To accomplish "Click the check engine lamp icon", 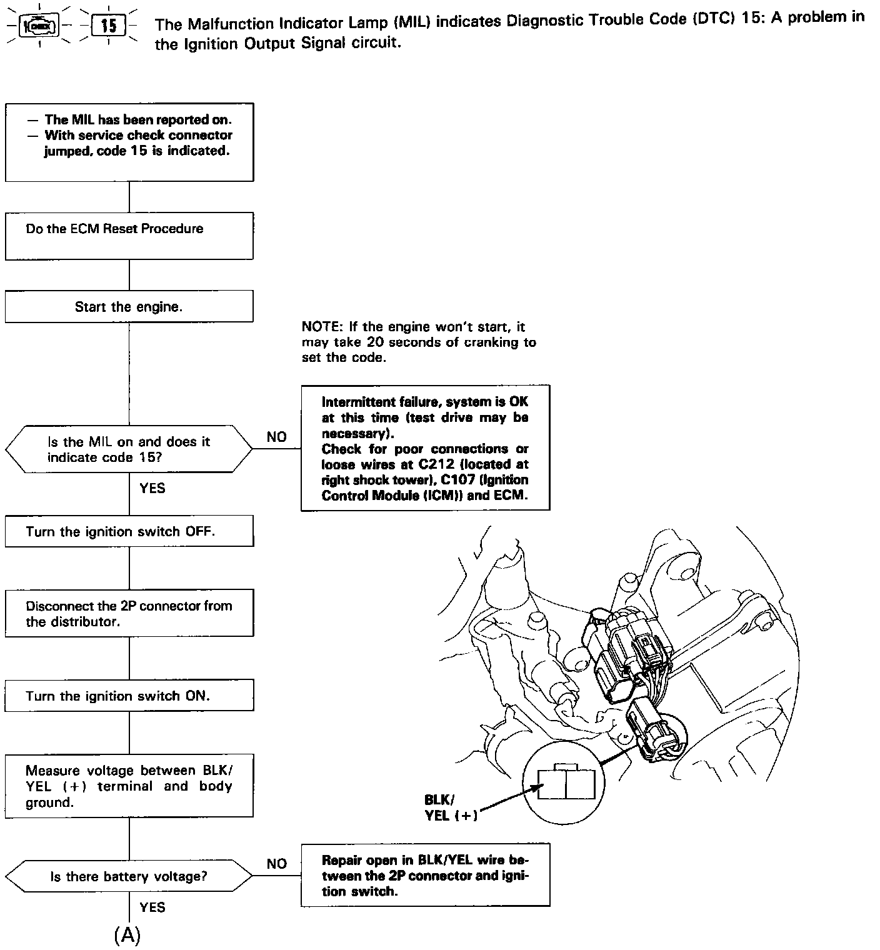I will [x=39, y=26].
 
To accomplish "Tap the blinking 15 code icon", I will [x=108, y=26].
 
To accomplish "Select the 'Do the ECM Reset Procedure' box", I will [x=129, y=236].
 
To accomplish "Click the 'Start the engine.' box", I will [x=129, y=306].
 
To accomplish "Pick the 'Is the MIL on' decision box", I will [x=129, y=449].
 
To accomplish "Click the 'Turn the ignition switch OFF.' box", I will [x=129, y=531].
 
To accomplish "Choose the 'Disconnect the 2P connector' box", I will [x=129, y=613].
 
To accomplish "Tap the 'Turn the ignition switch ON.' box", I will [x=129, y=696].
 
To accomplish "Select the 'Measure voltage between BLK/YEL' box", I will [x=129, y=786].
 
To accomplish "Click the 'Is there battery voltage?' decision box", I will [x=129, y=876].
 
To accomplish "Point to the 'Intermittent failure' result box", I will [x=425, y=448].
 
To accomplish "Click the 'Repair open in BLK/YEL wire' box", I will [x=425, y=875].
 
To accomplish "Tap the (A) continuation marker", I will [x=127, y=935].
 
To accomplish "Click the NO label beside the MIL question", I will [x=276, y=437].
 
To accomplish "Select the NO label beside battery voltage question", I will [x=276, y=864].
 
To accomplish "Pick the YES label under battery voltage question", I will [x=152, y=907].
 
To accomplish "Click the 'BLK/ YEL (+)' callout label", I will [x=449, y=807].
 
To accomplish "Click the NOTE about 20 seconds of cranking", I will [x=419, y=342].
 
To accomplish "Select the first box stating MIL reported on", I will [x=129, y=142].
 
